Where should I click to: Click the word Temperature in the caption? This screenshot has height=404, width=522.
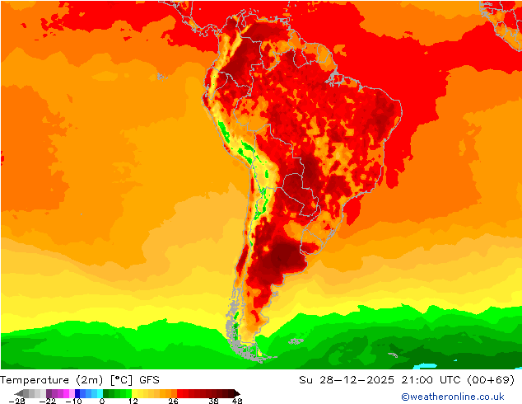[35, 380]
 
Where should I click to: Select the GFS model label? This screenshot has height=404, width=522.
[149, 380]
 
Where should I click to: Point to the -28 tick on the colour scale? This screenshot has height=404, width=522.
[16, 401]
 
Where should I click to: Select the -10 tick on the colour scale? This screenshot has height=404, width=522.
[73, 401]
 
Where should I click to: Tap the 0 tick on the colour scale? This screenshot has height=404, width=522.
[102, 401]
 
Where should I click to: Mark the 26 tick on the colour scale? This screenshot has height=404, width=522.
[173, 401]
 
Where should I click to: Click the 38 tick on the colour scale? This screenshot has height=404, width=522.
[213, 401]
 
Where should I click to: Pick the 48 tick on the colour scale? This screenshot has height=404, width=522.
[237, 401]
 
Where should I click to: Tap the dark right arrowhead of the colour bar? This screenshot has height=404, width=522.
[236, 393]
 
